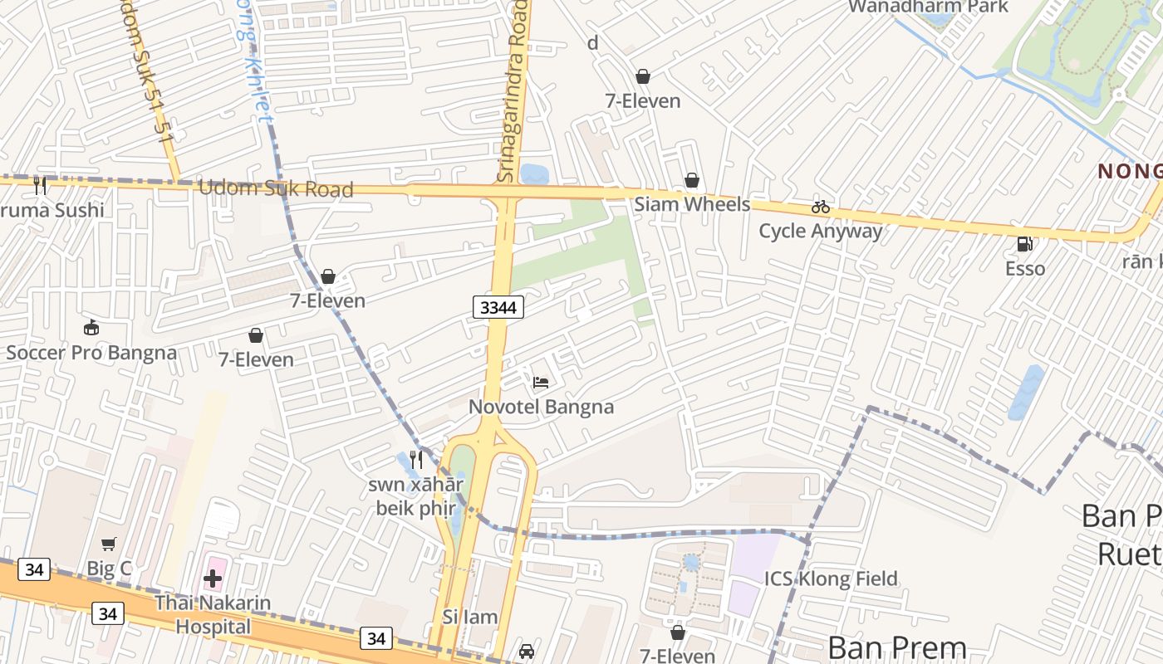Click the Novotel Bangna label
pos(541,407)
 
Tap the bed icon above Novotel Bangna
pos(541,383)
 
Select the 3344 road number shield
pos(498,307)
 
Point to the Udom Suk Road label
pos(275,189)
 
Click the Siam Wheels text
pos(692,204)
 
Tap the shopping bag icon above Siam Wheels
pos(691,180)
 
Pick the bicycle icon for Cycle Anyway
pos(821,207)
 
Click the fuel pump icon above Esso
pos(1025,244)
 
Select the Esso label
pos(1025,268)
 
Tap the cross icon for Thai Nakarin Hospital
pos(213,579)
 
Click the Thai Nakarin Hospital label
pos(213,614)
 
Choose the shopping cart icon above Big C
pos(109,544)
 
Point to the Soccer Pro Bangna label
pos(91,353)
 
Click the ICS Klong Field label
pos(831,579)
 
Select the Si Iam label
pos(470,617)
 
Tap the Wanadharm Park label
pos(927,7)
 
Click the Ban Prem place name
pos(897,647)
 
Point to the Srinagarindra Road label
pos(513,91)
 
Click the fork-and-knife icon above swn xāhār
pos(416,459)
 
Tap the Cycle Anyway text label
pos(821,231)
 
